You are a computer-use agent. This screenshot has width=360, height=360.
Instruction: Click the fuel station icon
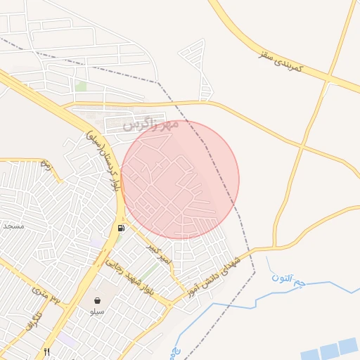[x=122, y=228]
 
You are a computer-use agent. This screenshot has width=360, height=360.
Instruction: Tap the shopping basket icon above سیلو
[x=97, y=301]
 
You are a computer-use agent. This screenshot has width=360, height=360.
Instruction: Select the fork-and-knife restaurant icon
[x=47, y=352]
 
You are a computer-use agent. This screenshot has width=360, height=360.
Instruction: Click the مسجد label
[x=13, y=226]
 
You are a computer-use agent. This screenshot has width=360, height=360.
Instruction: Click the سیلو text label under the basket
[x=97, y=311]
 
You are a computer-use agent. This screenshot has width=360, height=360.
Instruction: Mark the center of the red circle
[x=180, y=179]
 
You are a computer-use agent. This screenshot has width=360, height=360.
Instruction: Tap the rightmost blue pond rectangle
[x=347, y=346]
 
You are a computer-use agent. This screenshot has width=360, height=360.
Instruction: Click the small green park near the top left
[x=81, y=86]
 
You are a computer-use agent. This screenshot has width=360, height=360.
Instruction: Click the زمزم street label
[x=46, y=166]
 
